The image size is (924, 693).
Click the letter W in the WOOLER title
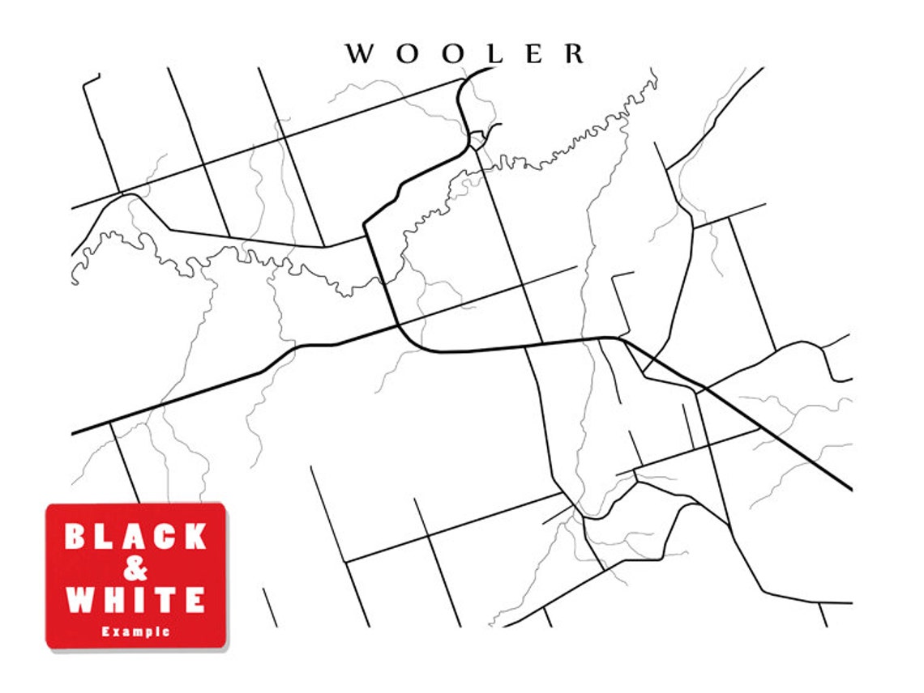click(359, 54)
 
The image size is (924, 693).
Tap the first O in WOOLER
click(408, 54)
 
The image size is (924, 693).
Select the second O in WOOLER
click(452, 54)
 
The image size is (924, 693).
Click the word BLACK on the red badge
click(136, 537)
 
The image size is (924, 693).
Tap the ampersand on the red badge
click(136, 569)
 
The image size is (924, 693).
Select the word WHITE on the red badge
click(136, 600)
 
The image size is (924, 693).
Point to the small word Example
click(136, 631)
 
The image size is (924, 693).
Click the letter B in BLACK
click(77, 537)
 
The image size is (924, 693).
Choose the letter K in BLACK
click(195, 537)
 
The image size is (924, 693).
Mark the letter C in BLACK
click(165, 537)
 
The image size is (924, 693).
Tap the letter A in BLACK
click(135, 537)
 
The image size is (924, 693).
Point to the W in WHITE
click(82, 600)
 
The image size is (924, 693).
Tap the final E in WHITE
click(194, 600)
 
